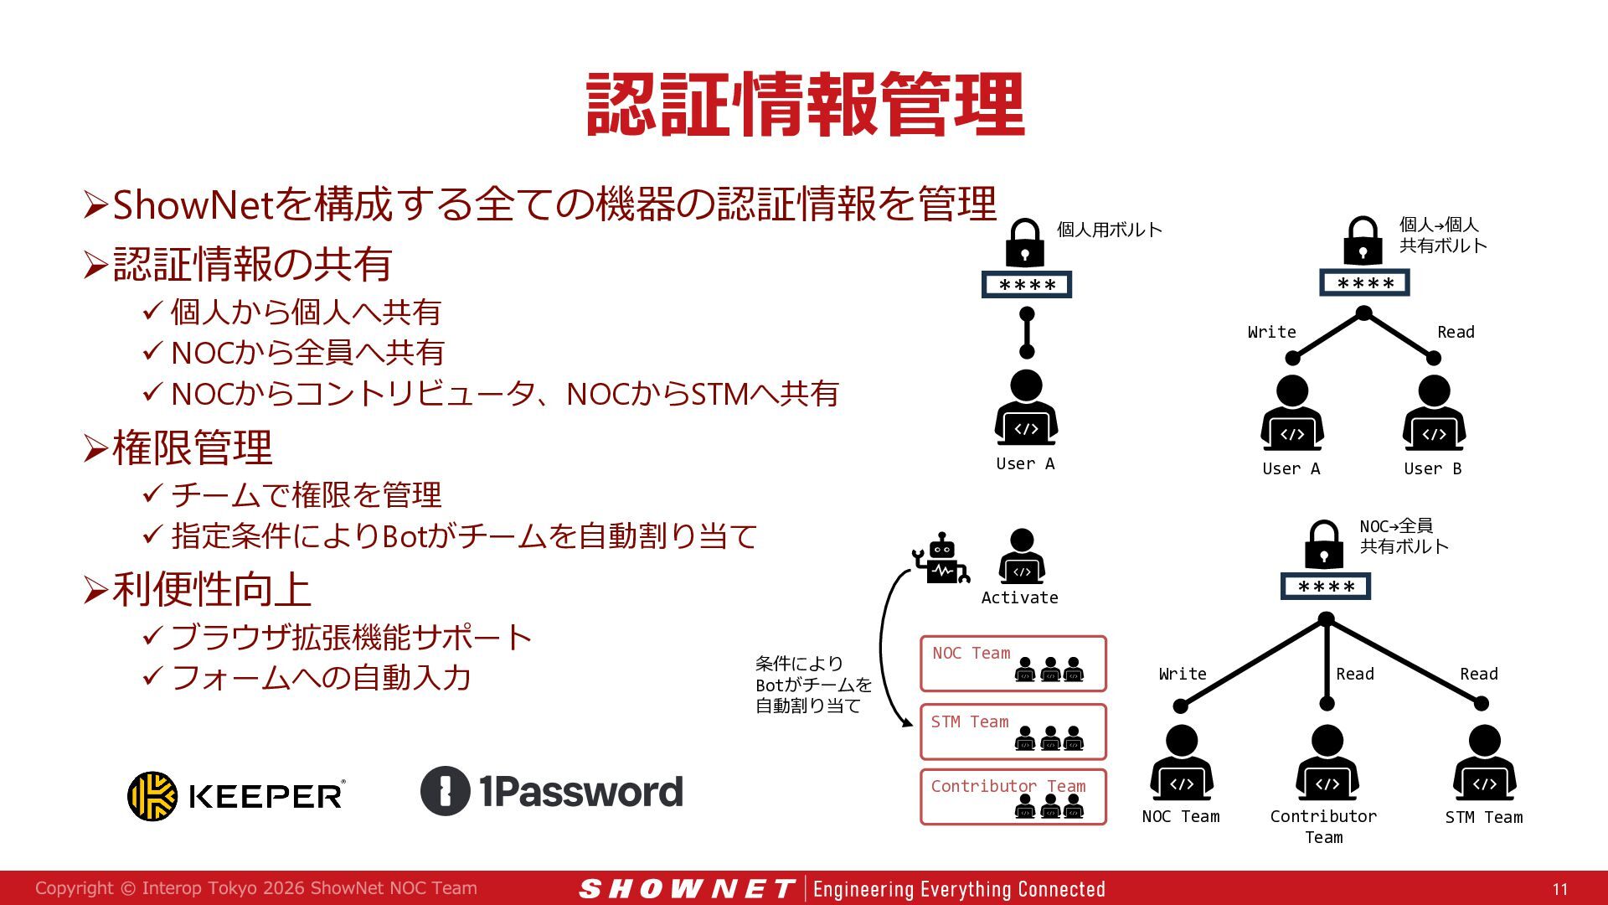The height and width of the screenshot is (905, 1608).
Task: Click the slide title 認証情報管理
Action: click(806, 104)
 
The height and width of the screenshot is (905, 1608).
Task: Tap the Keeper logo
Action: click(236, 795)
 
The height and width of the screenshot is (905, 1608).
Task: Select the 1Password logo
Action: click(552, 791)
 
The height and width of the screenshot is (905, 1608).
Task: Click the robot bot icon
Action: click(941, 558)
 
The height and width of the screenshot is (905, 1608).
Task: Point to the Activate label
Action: click(1019, 597)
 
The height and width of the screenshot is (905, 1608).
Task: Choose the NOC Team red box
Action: click(1013, 664)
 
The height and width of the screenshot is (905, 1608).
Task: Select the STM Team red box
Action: click(1013, 732)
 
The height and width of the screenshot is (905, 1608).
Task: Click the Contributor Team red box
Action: click(1013, 797)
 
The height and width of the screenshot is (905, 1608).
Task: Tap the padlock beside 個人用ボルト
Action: click(1024, 242)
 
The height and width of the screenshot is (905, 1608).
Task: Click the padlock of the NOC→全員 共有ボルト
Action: click(1324, 545)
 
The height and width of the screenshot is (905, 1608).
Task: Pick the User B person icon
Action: click(1434, 412)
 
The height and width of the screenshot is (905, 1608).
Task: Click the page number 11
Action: click(1559, 889)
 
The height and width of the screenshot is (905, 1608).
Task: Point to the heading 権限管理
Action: click(193, 447)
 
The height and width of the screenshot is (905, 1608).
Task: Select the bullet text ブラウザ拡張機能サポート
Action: click(351, 638)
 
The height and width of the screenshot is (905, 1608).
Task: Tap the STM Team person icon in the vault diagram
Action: click(1484, 763)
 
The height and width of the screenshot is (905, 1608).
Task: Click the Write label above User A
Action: click(1271, 332)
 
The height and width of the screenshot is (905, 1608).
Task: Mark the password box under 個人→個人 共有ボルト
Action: click(1364, 282)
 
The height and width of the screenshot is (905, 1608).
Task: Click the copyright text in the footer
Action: click(256, 888)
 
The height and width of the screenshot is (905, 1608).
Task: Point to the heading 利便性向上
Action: click(212, 589)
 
